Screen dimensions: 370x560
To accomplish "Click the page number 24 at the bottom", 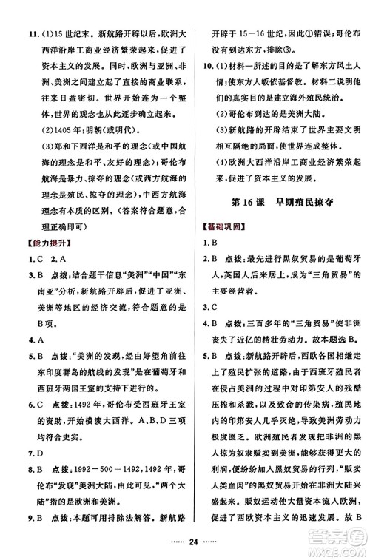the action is point(185,550).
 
